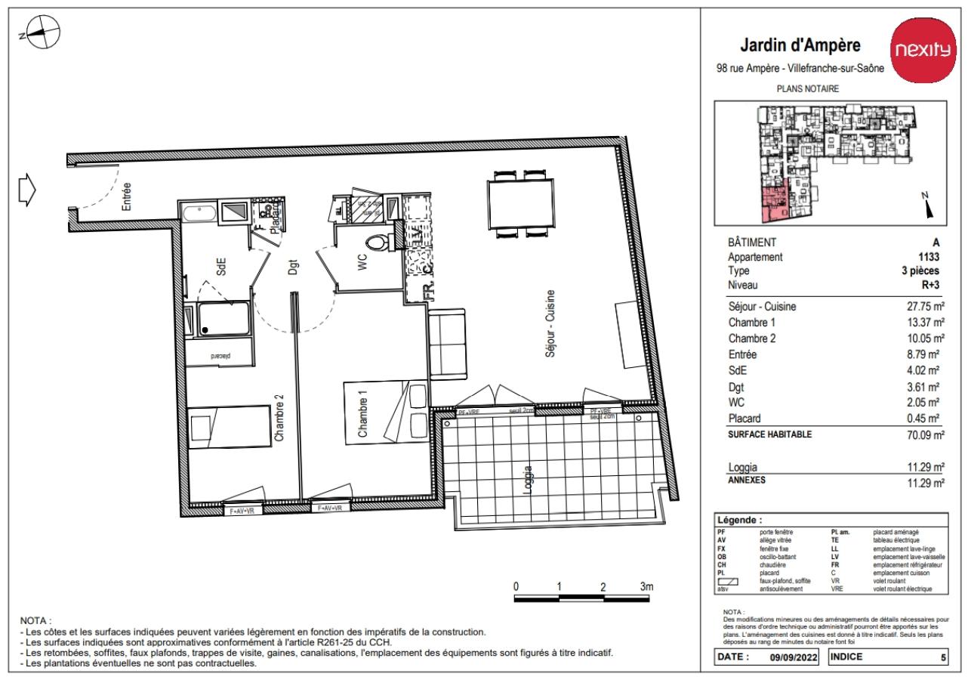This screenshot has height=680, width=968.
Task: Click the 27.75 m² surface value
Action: [x=922, y=307]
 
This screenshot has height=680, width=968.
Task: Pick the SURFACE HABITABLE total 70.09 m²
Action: [x=922, y=434]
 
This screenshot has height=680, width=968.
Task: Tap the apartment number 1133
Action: [x=928, y=256]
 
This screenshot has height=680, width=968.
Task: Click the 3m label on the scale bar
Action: [x=646, y=586]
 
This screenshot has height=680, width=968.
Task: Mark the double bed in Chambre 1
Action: [x=384, y=413]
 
